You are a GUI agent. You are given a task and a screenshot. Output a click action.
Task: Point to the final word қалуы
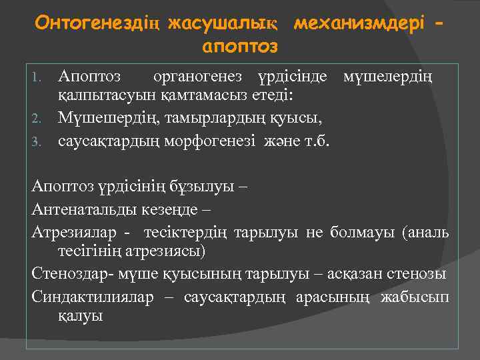(81, 317)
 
